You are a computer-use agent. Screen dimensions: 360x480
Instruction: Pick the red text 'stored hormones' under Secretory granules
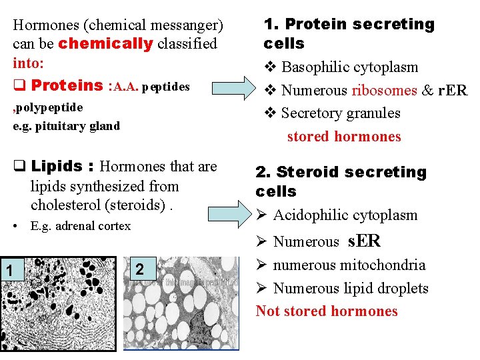344,137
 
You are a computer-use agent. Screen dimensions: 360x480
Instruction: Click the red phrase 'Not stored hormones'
327,311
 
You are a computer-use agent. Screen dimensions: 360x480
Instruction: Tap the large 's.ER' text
364,241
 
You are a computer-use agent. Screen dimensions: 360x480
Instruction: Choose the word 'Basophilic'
317,67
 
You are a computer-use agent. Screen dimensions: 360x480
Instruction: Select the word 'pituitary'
65,126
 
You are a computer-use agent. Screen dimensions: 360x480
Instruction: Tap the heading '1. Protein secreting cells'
349,34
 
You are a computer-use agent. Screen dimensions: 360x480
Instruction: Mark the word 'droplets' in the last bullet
402,289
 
